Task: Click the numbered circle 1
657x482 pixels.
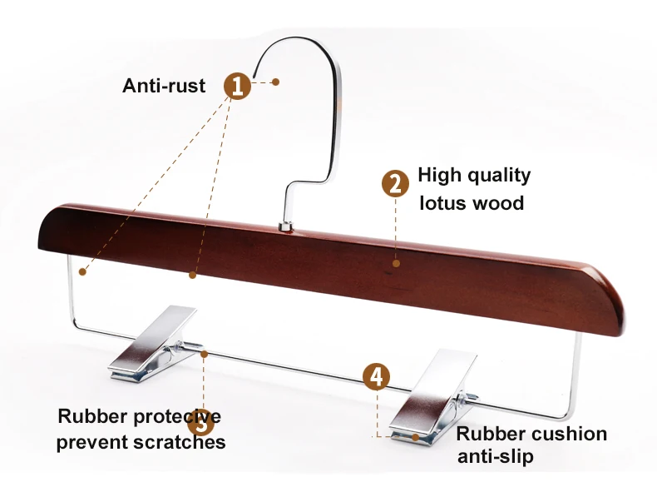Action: tap(237, 86)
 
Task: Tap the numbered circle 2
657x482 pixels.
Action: tap(395, 184)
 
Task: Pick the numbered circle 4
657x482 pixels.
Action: tap(377, 375)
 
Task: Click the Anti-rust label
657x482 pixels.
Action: tap(164, 86)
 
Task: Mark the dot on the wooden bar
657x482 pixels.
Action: tap(396, 263)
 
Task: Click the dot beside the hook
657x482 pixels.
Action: tap(275, 82)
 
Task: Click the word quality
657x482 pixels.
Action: tap(498, 175)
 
